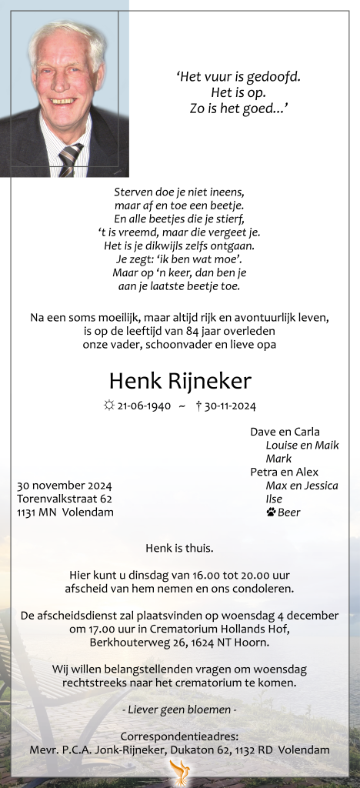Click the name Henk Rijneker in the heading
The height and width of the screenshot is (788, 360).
(180, 380)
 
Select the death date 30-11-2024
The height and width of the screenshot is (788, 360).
(230, 406)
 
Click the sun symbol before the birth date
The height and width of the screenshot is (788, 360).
(109, 406)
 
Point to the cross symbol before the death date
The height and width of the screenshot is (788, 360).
(198, 406)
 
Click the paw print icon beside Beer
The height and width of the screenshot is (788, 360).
(271, 512)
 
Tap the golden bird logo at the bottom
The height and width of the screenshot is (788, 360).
(180, 771)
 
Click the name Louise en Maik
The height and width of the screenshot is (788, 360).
(302, 445)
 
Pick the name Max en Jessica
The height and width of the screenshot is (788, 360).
(302, 485)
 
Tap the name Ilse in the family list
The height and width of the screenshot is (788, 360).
(274, 499)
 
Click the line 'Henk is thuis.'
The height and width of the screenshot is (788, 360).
(179, 549)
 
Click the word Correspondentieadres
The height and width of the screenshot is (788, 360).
(179, 736)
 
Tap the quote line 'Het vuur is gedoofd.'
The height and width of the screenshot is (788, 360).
(238, 76)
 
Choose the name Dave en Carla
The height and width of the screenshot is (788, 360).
(285, 432)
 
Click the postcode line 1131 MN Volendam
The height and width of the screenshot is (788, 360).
(65, 512)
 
